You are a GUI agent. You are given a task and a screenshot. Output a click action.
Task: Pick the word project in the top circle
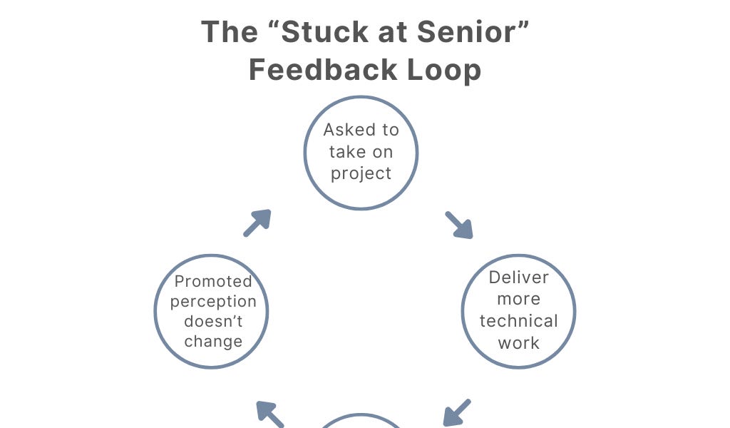pyautogui.click(x=361, y=173)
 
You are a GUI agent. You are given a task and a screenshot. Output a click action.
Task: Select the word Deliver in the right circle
pyautogui.click(x=519, y=277)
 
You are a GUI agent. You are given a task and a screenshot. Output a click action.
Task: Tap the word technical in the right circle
pyautogui.click(x=519, y=321)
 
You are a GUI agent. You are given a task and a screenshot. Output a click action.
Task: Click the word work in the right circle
pyautogui.click(x=519, y=343)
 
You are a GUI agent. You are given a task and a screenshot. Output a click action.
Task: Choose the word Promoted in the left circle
pyautogui.click(x=213, y=282)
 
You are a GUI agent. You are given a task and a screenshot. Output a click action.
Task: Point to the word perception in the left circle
pyautogui.click(x=213, y=302)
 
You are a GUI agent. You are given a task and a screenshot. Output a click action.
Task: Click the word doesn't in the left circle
pyautogui.click(x=213, y=322)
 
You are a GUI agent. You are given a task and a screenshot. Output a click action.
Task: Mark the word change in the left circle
pyautogui.click(x=213, y=342)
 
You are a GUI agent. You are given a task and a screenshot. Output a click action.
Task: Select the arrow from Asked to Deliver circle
pyautogui.click(x=460, y=225)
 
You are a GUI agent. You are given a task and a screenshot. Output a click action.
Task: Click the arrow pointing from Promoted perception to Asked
pyautogui.click(x=257, y=223)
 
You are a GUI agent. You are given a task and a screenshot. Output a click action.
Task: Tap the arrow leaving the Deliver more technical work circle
pyautogui.click(x=456, y=412)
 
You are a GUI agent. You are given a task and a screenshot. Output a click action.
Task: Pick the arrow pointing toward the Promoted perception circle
pyautogui.click(x=269, y=414)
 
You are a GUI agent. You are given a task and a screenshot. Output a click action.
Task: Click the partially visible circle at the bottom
pyautogui.click(x=361, y=422)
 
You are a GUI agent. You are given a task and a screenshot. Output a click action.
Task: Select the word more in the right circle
pyautogui.click(x=519, y=299)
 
